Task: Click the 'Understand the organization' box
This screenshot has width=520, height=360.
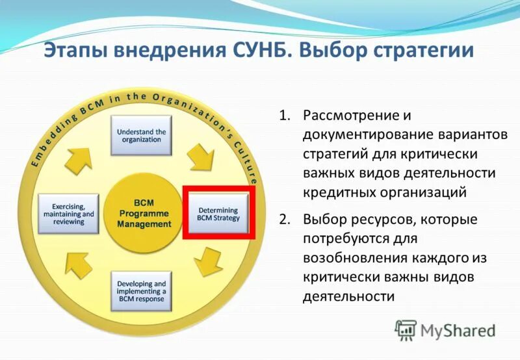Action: pos(141,136)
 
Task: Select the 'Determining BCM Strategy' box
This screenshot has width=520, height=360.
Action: pos(218,214)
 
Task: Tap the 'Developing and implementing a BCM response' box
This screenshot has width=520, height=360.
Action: pos(141,292)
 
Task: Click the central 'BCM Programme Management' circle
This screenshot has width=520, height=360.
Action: pos(144,214)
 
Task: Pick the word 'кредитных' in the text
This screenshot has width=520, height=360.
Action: pos(335,192)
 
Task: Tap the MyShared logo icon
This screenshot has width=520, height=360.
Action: pos(406,331)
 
